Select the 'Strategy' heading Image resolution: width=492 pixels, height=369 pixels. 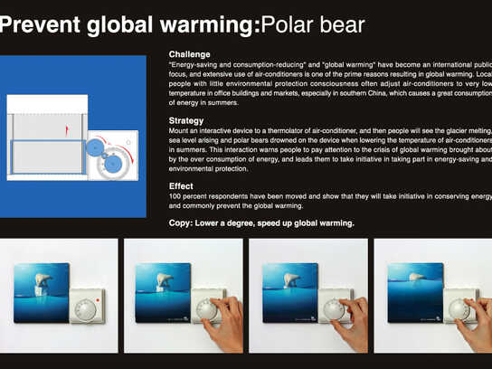point(186,119)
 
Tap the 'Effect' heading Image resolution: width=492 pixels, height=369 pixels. point(181,186)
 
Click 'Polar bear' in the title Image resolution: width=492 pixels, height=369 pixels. point(313,25)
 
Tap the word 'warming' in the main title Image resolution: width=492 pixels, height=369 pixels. point(207,25)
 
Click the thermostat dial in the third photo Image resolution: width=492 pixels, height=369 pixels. point(335,309)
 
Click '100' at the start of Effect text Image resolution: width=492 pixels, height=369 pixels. point(176,197)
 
